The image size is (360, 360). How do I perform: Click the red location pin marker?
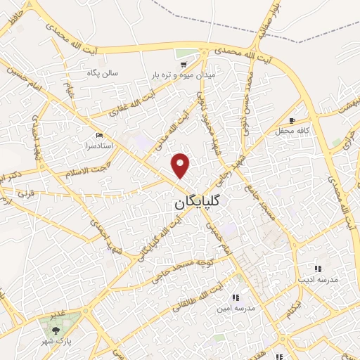tap(181, 165)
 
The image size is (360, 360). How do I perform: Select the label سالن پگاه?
tap(103, 72)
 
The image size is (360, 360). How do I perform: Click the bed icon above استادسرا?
tap(98, 134)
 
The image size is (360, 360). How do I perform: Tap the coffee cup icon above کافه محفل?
tap(292, 120)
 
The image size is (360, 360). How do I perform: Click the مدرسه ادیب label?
tap(319, 279)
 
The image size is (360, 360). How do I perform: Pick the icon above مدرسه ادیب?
tap(318, 269)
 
